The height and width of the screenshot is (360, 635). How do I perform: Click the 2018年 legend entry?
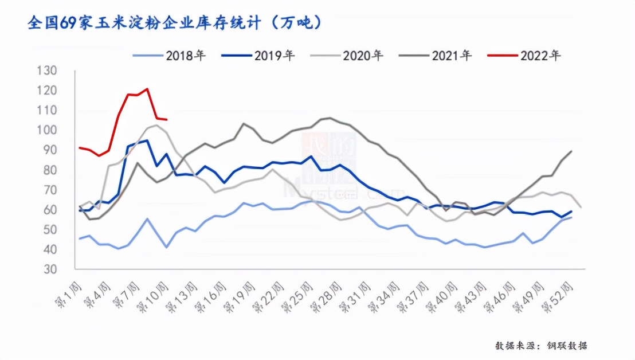(170, 56)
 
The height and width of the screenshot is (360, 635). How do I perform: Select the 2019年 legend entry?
(258, 56)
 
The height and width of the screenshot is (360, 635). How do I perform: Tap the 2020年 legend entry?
(347, 56)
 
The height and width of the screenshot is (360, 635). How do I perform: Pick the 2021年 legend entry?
(436, 56)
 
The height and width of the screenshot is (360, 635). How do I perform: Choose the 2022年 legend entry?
(525, 56)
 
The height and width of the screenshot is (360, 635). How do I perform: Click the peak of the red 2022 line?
(147, 89)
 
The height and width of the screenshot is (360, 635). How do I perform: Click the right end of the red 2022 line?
(166, 119)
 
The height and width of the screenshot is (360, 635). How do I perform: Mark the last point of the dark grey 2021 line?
(572, 151)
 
